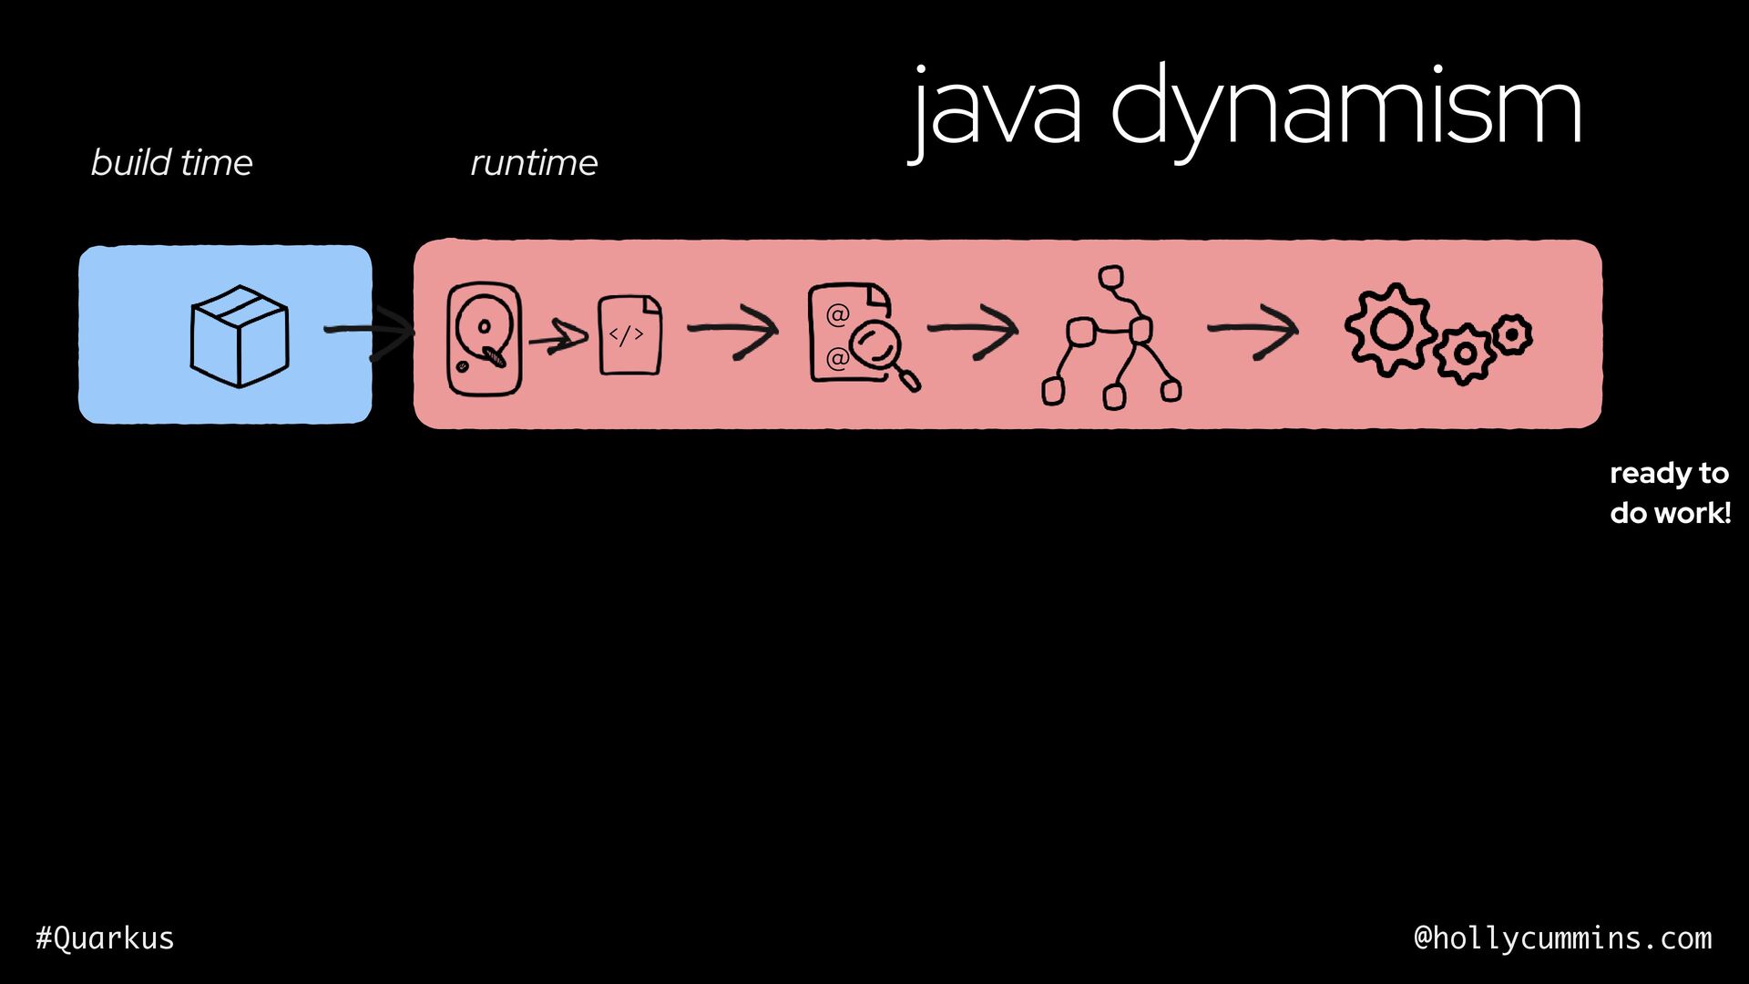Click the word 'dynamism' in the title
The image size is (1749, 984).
click(x=1345, y=109)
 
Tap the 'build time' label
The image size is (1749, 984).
click(x=171, y=163)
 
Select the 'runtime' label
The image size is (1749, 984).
click(x=534, y=163)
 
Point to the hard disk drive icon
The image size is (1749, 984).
click(x=484, y=339)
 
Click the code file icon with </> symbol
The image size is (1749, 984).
click(x=629, y=334)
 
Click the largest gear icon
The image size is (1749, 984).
click(x=1390, y=330)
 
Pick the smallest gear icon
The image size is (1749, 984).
click(x=1512, y=335)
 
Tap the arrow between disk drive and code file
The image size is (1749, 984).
click(x=557, y=339)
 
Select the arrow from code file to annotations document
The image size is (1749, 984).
click(x=733, y=331)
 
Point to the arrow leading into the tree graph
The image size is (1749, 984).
click(x=973, y=330)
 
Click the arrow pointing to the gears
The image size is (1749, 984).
click(x=1253, y=330)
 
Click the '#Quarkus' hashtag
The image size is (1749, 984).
click(x=105, y=938)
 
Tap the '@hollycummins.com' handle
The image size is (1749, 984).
click(x=1562, y=938)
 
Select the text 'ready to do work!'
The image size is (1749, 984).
click(x=1669, y=493)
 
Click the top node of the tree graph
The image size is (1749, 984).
click(x=1110, y=277)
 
